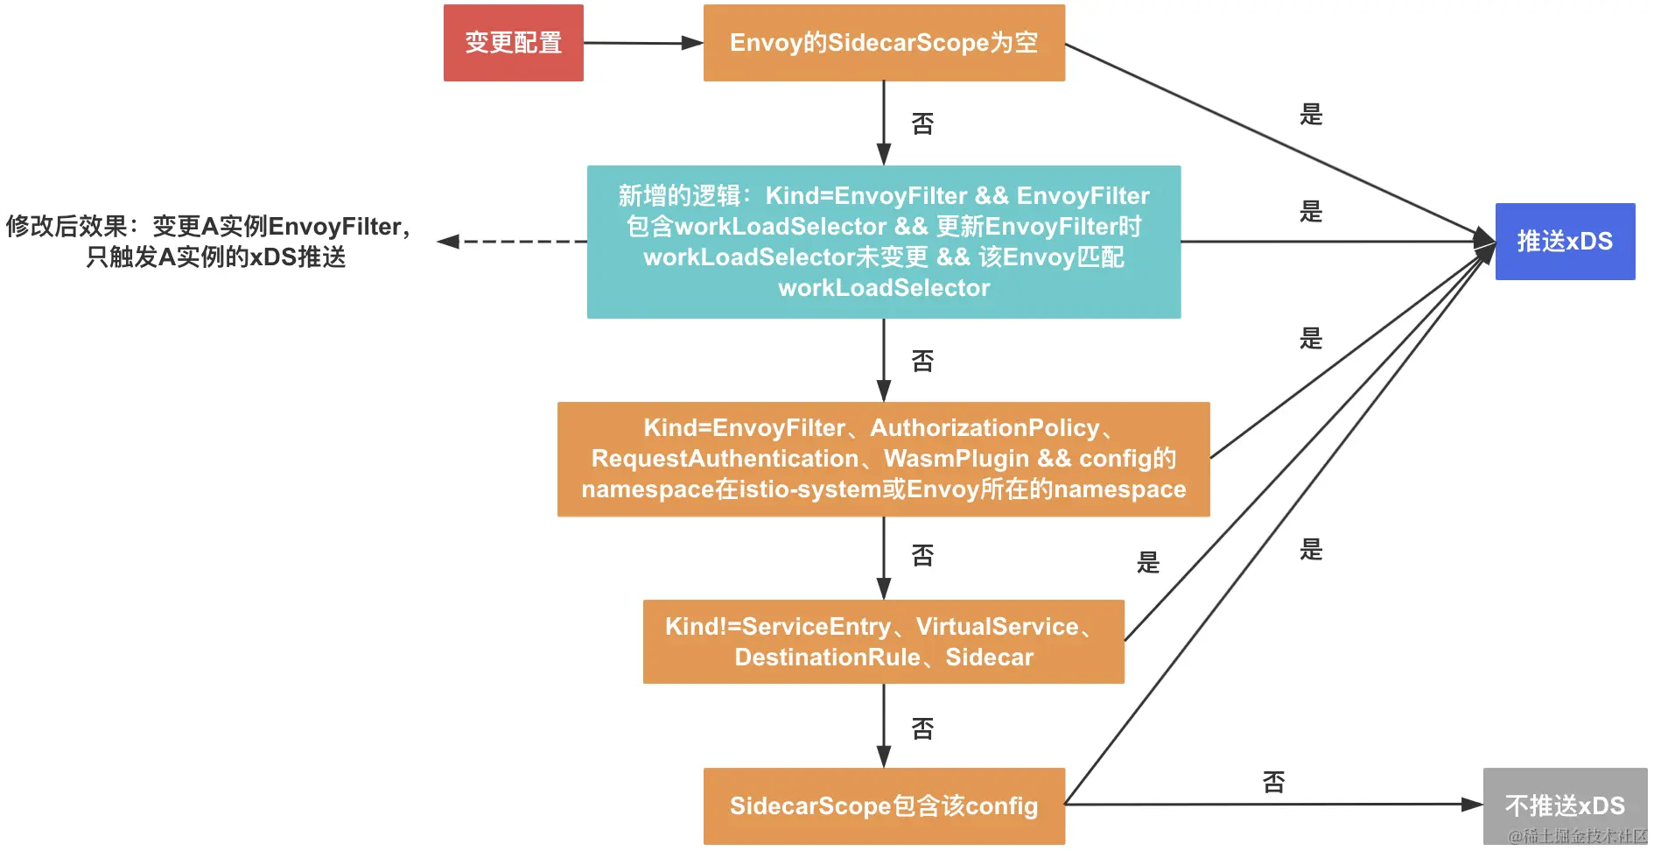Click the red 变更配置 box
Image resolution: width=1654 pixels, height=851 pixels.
[x=513, y=43]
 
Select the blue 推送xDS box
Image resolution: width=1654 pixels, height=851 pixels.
[x=1565, y=242]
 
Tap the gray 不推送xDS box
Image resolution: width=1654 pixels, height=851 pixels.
[x=1564, y=805]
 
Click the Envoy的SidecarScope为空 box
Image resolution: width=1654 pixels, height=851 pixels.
[x=884, y=43]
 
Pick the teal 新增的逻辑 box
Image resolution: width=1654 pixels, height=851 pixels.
[x=884, y=242]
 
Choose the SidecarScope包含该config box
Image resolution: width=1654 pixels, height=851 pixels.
[x=884, y=805]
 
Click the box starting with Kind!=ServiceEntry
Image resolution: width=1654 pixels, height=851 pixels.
[x=884, y=642]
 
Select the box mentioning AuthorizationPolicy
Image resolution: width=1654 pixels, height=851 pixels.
[x=884, y=459]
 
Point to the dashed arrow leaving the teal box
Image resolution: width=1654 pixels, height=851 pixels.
[x=512, y=242]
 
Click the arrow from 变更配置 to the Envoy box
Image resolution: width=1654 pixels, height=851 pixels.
[x=643, y=43]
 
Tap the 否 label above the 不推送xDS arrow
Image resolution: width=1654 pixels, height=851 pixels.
[x=1273, y=782]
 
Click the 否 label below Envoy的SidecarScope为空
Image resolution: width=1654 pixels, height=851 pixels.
[x=922, y=123]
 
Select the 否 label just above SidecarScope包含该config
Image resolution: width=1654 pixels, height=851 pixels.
[x=922, y=728]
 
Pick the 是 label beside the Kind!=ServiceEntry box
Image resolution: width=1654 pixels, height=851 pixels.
[x=1148, y=562]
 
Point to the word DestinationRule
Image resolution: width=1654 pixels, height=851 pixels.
[x=827, y=658]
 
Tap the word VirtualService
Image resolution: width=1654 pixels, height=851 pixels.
[x=997, y=627]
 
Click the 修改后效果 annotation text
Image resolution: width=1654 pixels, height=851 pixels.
[x=208, y=242]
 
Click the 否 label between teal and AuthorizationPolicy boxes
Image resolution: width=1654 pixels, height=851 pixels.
[x=922, y=361]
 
